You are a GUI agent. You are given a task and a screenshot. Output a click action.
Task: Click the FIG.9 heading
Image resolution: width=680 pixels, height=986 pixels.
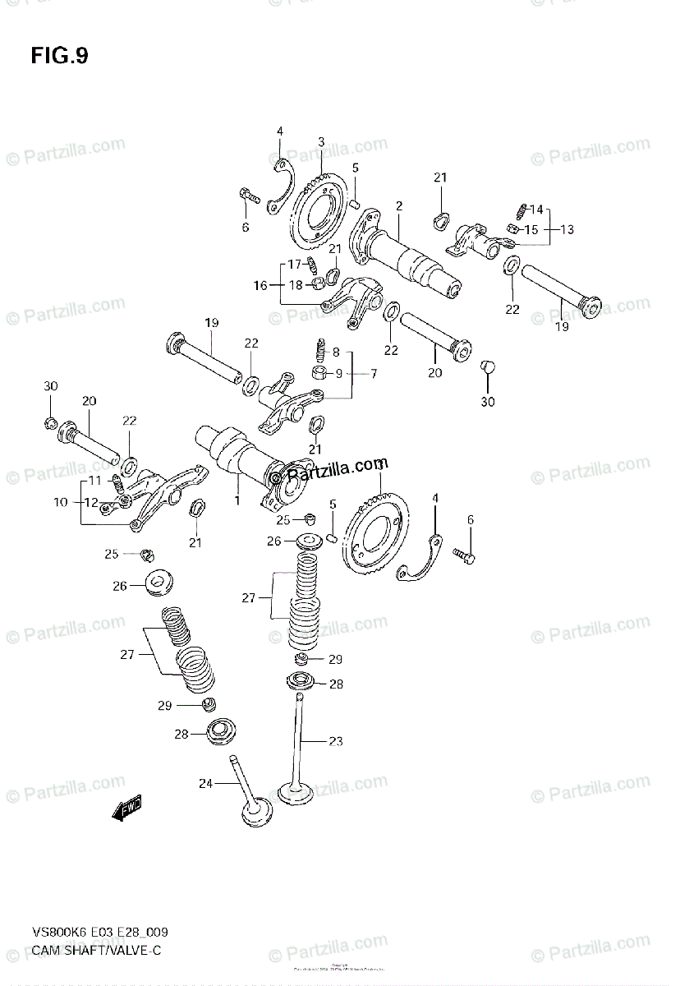click(x=59, y=56)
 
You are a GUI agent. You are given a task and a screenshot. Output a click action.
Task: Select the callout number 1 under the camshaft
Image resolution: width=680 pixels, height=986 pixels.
click(x=237, y=500)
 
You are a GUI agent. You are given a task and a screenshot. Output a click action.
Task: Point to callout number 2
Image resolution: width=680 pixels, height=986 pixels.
click(x=398, y=205)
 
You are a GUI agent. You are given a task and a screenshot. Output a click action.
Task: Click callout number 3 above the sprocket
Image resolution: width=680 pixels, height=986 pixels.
click(x=321, y=142)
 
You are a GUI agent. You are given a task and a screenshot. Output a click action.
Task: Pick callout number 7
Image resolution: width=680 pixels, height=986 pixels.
click(x=373, y=374)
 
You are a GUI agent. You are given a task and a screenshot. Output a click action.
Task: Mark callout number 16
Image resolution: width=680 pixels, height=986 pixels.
click(x=260, y=285)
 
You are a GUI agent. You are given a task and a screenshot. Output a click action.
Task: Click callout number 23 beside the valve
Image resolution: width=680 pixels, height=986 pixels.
click(x=335, y=741)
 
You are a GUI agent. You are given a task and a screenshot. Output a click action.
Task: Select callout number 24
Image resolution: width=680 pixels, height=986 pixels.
click(x=205, y=784)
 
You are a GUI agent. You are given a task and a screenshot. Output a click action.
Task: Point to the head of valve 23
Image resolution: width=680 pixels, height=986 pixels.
click(x=296, y=793)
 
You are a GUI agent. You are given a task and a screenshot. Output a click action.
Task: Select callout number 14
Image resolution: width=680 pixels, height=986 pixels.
click(x=536, y=209)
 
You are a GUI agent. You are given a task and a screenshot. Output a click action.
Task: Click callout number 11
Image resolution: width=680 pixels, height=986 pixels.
click(x=94, y=480)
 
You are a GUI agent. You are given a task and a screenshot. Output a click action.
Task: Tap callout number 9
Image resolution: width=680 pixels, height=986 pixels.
click(x=338, y=373)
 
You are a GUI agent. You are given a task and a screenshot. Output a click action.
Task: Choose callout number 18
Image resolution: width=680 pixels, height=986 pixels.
click(x=295, y=285)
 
